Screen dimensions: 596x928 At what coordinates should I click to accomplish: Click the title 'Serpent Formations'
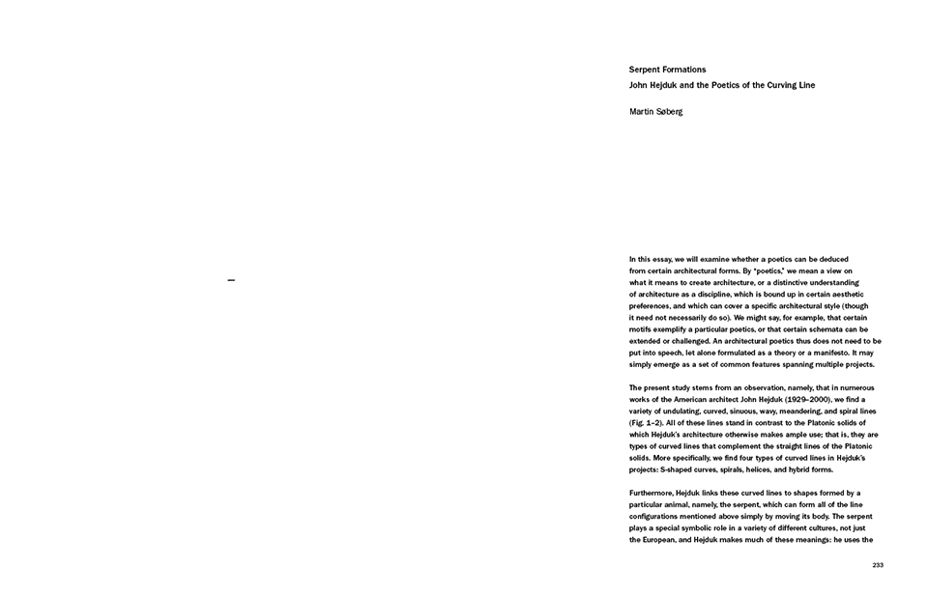click(x=667, y=70)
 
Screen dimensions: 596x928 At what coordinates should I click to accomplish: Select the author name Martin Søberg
click(x=655, y=112)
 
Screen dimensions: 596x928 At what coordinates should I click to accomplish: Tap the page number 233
click(x=877, y=565)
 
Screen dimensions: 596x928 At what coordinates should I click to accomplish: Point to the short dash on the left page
click(x=231, y=280)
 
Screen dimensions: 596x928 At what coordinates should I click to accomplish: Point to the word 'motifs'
click(x=641, y=328)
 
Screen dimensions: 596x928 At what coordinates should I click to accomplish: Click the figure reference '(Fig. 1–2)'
click(x=650, y=423)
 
